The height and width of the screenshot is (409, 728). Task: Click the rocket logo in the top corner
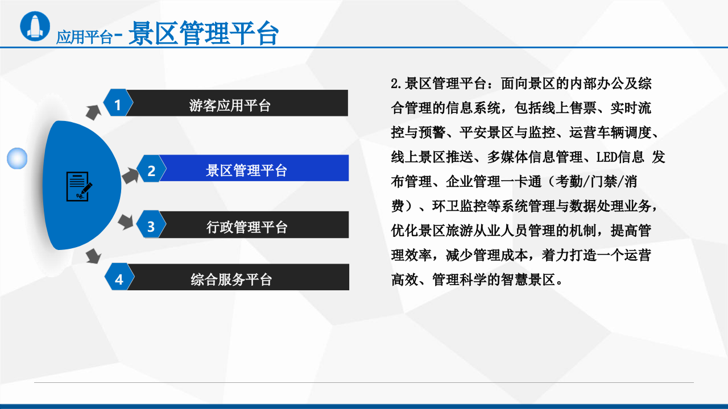[x=35, y=26]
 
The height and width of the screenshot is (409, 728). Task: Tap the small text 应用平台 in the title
[x=84, y=37]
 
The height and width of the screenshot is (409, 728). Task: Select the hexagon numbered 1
[x=118, y=103]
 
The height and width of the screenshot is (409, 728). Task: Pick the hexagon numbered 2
[x=151, y=170]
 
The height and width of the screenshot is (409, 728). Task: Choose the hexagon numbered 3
[x=151, y=226]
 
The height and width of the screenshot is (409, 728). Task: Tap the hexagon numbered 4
[x=119, y=278]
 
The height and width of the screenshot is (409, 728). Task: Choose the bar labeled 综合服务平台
[x=237, y=278]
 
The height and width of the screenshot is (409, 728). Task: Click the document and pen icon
[x=78, y=186]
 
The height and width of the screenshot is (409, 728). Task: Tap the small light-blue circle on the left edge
[x=17, y=158]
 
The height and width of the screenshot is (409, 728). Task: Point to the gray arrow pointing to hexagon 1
[x=93, y=111]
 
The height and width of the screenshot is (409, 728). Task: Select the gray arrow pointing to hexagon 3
[x=126, y=221]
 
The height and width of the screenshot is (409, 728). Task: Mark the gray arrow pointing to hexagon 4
[x=93, y=257]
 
